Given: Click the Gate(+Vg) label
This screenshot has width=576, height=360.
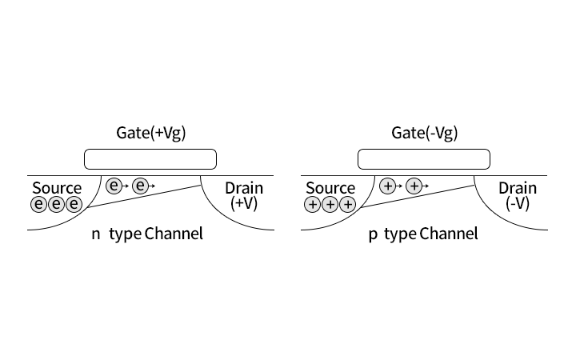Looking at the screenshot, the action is pyautogui.click(x=151, y=134).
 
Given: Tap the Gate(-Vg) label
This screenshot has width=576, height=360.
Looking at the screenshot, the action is pyautogui.click(x=425, y=134).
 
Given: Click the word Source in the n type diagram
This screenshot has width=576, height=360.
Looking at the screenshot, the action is pyautogui.click(x=57, y=188).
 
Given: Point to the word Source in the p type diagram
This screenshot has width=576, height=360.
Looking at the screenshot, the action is pyautogui.click(x=330, y=188).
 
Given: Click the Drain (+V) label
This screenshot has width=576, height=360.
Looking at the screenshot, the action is pyautogui.click(x=244, y=196).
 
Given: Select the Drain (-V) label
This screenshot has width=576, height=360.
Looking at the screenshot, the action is pyautogui.click(x=518, y=196).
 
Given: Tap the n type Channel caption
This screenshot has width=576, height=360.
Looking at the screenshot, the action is pyautogui.click(x=147, y=234).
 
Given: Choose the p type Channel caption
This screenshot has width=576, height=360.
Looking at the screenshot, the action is pyautogui.click(x=423, y=234).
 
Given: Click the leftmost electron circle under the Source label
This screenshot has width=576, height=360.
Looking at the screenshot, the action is pyautogui.click(x=38, y=205).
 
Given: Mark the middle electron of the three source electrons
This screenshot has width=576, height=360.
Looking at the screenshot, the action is pyautogui.click(x=56, y=205).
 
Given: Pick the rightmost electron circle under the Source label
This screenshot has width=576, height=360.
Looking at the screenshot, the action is pyautogui.click(x=74, y=205).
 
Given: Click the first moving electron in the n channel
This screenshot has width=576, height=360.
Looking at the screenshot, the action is pyautogui.click(x=114, y=186).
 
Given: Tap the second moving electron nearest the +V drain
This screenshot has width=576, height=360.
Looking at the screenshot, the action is pyautogui.click(x=140, y=186).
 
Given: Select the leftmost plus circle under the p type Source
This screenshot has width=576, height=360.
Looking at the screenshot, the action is pyautogui.click(x=312, y=205).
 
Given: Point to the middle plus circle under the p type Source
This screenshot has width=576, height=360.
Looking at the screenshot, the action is pyautogui.click(x=330, y=205).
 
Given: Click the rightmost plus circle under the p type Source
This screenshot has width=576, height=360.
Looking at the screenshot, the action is pyautogui.click(x=347, y=205).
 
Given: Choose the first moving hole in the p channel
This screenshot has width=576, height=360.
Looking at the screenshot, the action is pyautogui.click(x=387, y=186).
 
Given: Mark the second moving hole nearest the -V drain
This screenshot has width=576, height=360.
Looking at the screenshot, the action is pyautogui.click(x=414, y=186).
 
